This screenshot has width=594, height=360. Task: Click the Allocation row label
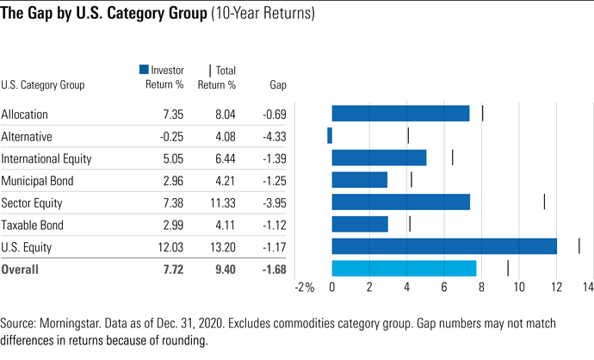[25, 114]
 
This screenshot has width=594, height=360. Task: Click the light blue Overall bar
[404, 269]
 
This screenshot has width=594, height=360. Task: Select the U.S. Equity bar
[444, 246]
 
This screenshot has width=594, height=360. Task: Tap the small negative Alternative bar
[330, 135]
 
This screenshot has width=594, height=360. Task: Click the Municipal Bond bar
[360, 180]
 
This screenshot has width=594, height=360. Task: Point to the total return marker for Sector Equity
[544, 202]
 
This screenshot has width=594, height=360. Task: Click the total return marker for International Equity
[453, 158]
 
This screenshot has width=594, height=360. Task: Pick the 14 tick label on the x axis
[586, 288]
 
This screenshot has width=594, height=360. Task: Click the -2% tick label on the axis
[304, 288]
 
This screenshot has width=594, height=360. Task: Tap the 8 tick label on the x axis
[482, 288]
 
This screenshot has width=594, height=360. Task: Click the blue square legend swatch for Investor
[144, 71]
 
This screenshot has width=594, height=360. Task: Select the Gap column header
[277, 85]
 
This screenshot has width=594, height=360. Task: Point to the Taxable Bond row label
[31, 225]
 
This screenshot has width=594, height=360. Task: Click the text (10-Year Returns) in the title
[263, 15]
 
